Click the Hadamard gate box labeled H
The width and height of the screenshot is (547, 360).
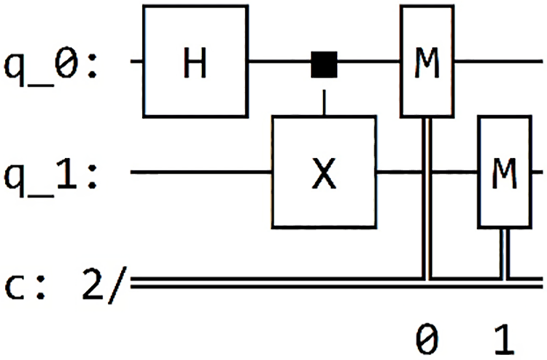[195, 61]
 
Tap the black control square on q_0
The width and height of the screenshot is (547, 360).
[323, 63]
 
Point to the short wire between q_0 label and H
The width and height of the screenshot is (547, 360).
[136, 63]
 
